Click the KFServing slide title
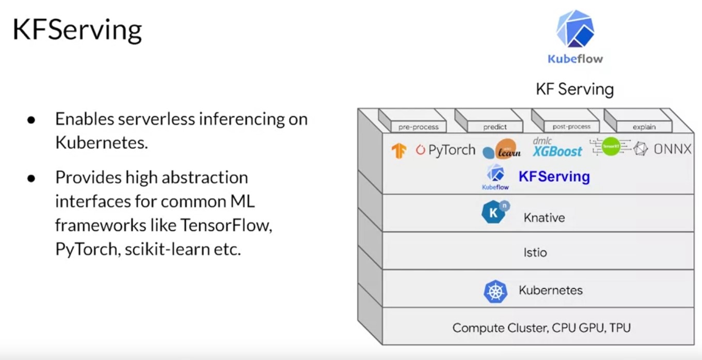[x=77, y=30]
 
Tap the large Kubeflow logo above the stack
[x=575, y=30]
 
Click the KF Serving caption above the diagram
[x=575, y=89]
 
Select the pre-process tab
[x=418, y=127]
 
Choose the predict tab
[x=495, y=127]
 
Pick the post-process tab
[x=571, y=127]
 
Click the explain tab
[x=644, y=127]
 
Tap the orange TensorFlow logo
[x=398, y=150]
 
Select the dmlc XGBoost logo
[x=557, y=148]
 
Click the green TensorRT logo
[x=611, y=147]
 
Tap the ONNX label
[x=672, y=149]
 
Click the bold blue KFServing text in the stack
[x=554, y=177]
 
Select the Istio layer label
[x=535, y=253]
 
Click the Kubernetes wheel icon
[x=495, y=291]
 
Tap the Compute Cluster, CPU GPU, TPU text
[x=541, y=327]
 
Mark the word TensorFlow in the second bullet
[x=226, y=226]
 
